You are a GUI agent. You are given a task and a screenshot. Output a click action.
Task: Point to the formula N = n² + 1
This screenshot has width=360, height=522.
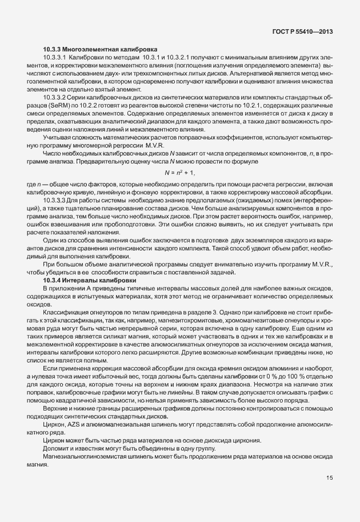(x=180, y=172)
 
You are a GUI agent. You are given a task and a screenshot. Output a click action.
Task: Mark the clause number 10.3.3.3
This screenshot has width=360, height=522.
(x=55, y=201)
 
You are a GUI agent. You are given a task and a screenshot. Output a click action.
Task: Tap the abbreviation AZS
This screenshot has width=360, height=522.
(x=73, y=425)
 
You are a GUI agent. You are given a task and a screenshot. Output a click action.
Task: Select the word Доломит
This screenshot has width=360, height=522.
(x=55, y=448)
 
